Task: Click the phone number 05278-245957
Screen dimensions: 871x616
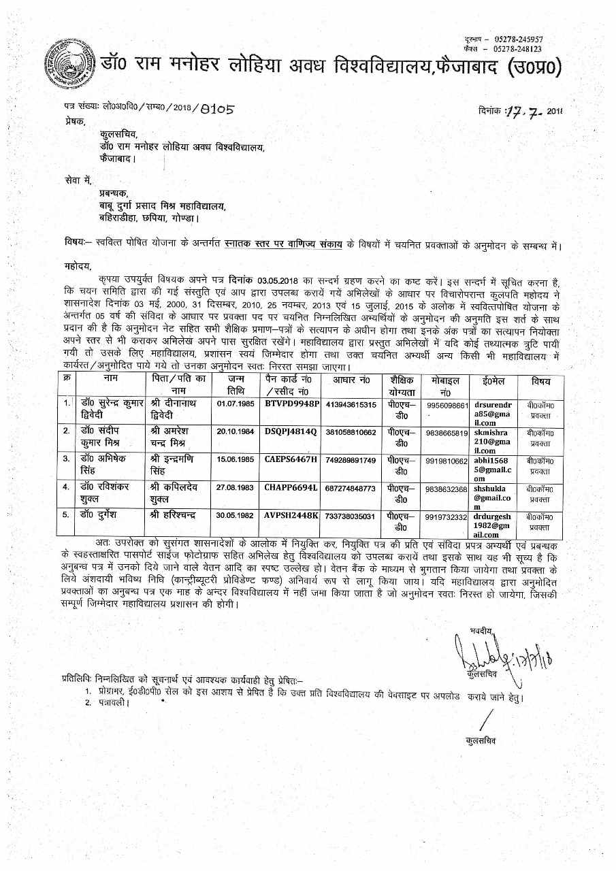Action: pos(518,41)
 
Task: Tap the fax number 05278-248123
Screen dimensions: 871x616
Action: pos(518,50)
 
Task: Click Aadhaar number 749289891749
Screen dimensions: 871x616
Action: pos(351,460)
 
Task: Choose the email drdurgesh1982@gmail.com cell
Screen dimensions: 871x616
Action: pos(494,525)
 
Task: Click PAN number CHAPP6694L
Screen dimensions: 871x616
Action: pos(291,488)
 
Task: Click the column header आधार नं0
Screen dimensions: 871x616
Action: pos(351,380)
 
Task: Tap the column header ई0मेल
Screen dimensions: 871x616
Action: pos(494,380)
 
